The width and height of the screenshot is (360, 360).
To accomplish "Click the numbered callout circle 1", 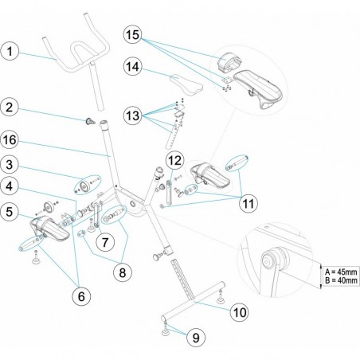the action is [x=10, y=51].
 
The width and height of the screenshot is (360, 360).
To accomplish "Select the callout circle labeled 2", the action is [x=10, y=108].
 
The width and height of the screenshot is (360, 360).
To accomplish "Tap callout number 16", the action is [x=10, y=140].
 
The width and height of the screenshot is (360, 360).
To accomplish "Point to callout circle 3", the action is [x=10, y=165].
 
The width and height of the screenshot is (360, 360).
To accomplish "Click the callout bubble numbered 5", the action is [x=10, y=212].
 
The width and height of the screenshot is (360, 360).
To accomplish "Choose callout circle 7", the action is [x=105, y=242].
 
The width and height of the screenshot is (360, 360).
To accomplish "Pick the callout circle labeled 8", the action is [x=123, y=272].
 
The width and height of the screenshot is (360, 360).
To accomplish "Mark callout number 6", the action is [x=81, y=296].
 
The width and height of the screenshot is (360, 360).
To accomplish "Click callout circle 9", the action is [x=196, y=338].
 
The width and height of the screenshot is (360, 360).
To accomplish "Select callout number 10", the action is [x=240, y=312].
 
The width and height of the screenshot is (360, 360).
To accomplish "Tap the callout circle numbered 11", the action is [x=248, y=204].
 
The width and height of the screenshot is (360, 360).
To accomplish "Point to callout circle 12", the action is [x=175, y=160].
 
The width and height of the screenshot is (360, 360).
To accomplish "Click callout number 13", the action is [x=133, y=115].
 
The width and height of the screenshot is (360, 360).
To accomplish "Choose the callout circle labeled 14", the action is [x=133, y=66].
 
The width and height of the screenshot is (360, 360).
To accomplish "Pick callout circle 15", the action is [x=133, y=34].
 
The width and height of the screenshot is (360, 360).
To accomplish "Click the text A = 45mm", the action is [x=341, y=272].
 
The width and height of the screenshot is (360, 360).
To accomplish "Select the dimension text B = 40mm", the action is [x=341, y=280].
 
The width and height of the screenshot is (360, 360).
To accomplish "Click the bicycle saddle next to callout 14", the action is [x=186, y=84].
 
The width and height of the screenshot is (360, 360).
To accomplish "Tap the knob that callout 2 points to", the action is [x=90, y=122].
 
